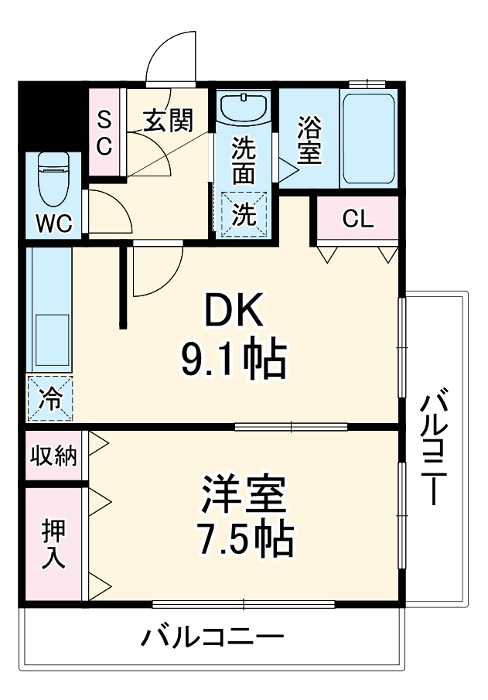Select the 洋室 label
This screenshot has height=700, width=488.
pos(244,495)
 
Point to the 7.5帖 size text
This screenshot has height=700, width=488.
pos(244,539)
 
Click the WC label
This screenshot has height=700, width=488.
pos(54,225)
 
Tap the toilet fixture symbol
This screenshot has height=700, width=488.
pos(54,174)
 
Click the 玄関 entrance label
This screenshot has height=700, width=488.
pos(168,121)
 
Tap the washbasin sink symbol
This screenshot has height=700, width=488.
pos(244,108)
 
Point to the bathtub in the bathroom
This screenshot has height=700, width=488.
pos(369,138)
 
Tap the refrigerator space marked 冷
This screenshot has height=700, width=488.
pos(50,399)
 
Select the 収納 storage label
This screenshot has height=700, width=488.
pos(53,456)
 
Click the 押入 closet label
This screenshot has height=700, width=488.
pos(53,544)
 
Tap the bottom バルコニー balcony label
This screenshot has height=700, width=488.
pos(212,640)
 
